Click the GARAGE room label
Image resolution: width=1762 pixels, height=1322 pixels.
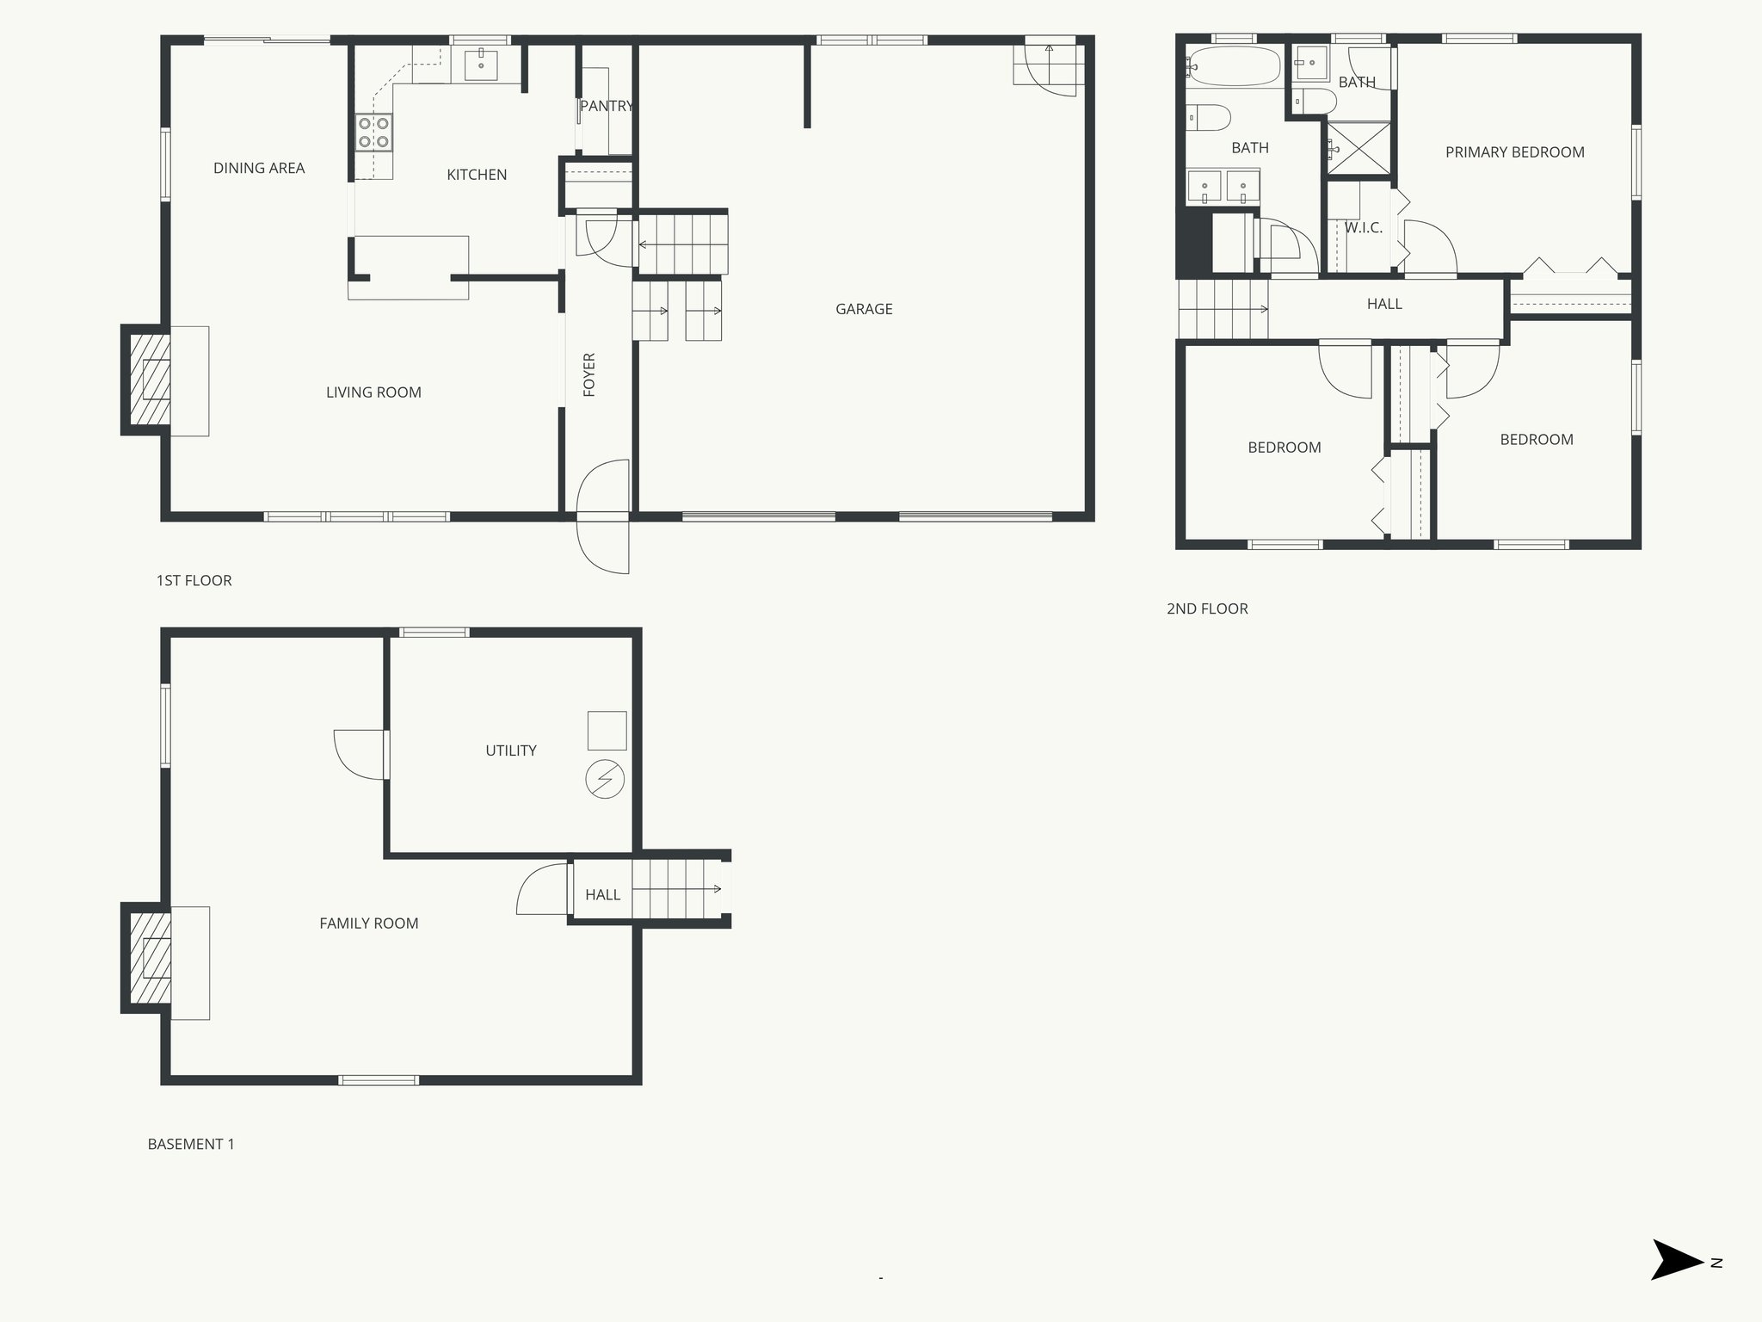click(864, 309)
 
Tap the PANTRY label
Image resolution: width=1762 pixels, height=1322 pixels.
click(606, 106)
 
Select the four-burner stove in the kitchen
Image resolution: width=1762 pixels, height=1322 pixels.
click(373, 133)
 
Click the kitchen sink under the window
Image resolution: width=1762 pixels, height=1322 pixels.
click(481, 65)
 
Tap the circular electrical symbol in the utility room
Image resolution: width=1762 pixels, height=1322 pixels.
click(604, 780)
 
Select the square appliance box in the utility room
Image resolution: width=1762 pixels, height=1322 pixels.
click(607, 731)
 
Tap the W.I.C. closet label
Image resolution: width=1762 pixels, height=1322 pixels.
click(1364, 228)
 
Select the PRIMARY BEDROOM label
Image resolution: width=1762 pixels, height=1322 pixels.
click(1514, 152)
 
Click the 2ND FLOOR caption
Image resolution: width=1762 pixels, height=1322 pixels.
click(1207, 608)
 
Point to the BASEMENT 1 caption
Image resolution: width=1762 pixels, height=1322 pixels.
click(191, 1144)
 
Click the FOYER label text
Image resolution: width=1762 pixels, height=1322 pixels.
click(589, 374)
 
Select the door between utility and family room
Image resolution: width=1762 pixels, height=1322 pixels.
click(361, 755)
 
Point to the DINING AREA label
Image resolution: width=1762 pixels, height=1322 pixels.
click(259, 168)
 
